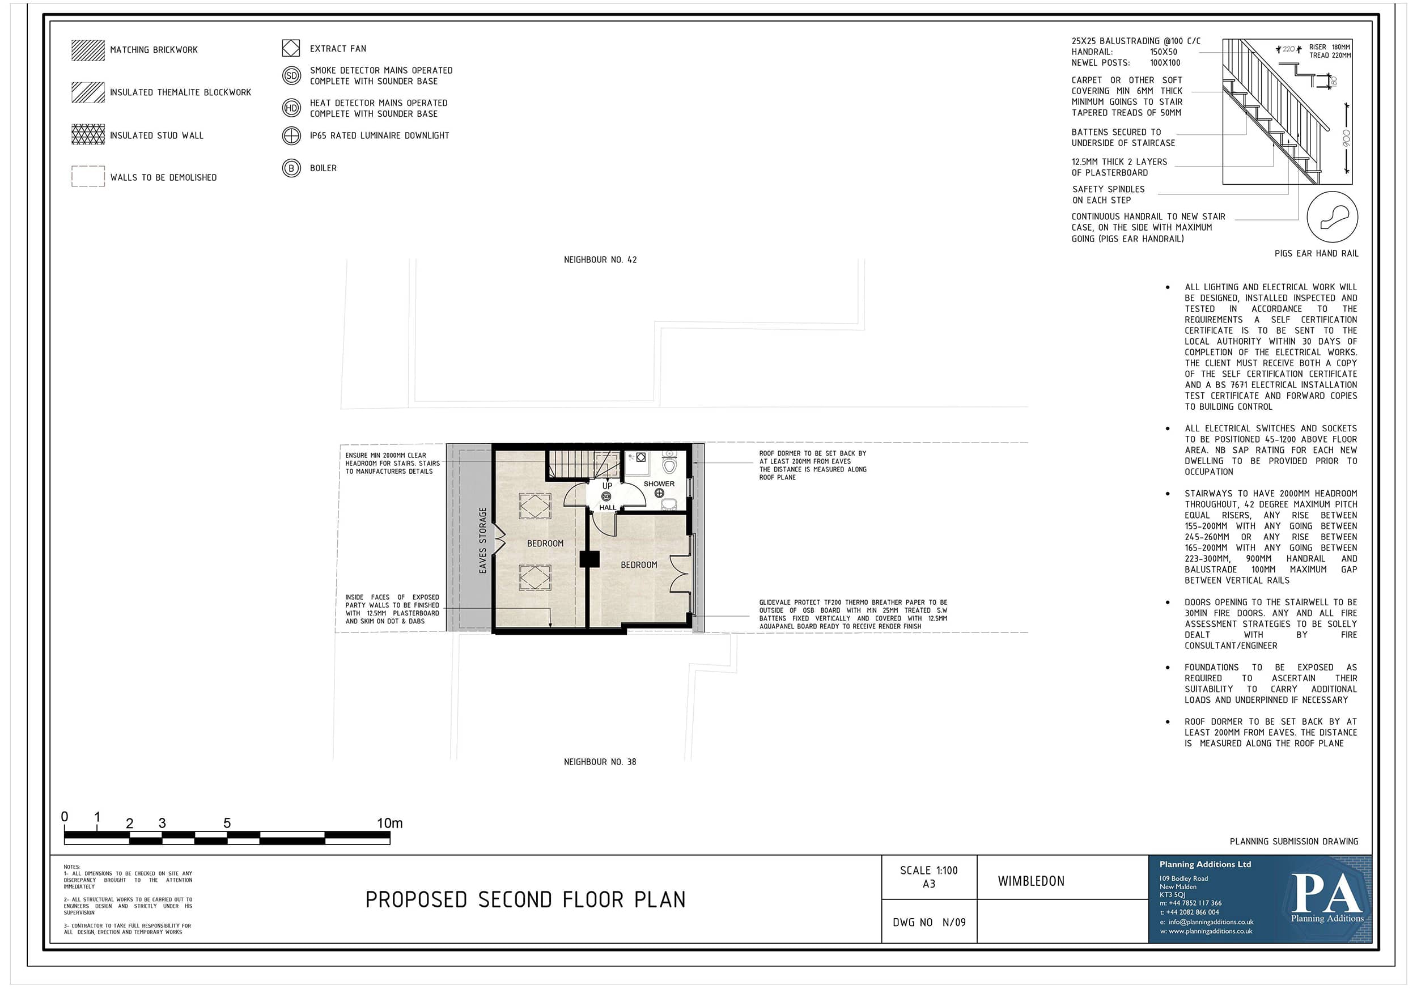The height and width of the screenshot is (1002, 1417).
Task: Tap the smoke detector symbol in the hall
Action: [x=606, y=496]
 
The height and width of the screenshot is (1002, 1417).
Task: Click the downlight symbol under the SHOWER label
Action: [x=659, y=493]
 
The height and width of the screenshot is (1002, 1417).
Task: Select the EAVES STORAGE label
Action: [x=482, y=541]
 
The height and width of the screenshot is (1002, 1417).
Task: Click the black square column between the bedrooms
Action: [x=589, y=559]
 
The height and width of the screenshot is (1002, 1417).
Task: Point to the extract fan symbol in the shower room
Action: [x=640, y=457]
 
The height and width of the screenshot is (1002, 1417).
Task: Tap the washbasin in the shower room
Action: [x=669, y=504]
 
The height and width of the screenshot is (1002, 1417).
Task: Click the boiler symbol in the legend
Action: [x=291, y=168]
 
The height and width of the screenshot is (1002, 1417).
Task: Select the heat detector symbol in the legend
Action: [x=291, y=108]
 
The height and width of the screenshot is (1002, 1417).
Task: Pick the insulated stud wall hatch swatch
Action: [x=88, y=134]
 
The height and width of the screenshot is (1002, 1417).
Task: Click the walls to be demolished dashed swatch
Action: [x=88, y=176]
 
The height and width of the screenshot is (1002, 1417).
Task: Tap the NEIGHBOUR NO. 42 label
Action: [x=600, y=260]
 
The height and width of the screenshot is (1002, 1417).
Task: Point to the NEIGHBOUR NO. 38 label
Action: [x=600, y=762]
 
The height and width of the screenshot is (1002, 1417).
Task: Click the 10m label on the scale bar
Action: [x=389, y=823]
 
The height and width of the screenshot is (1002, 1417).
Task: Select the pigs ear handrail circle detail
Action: [x=1332, y=216]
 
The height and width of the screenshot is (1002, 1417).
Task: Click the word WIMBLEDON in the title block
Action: [x=1031, y=881]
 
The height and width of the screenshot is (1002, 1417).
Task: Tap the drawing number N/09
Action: [x=954, y=923]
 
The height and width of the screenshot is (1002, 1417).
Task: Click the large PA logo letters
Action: [x=1327, y=893]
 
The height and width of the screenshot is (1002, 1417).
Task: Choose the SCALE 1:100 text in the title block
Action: [x=929, y=871]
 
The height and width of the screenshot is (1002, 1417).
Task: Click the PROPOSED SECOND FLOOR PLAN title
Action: [x=525, y=899]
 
